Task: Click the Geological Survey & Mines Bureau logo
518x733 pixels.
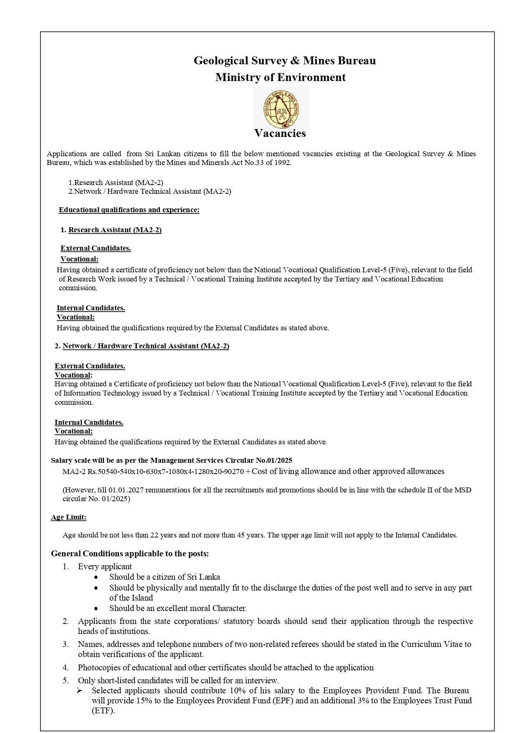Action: tap(280, 108)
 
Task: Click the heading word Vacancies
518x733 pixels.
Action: tap(280, 133)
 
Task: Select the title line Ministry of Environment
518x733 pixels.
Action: tap(280, 77)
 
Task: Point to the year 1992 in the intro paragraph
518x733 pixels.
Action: tap(282, 163)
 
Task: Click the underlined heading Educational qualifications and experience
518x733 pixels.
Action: tap(129, 210)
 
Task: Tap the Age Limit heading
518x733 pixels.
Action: tap(68, 517)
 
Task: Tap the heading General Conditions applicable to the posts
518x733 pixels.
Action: tap(130, 554)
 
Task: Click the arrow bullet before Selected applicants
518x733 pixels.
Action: tap(79, 690)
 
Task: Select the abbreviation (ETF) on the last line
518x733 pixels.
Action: tap(103, 710)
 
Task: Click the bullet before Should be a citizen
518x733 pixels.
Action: tap(96, 577)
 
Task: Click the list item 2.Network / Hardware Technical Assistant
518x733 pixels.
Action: tap(150, 191)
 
